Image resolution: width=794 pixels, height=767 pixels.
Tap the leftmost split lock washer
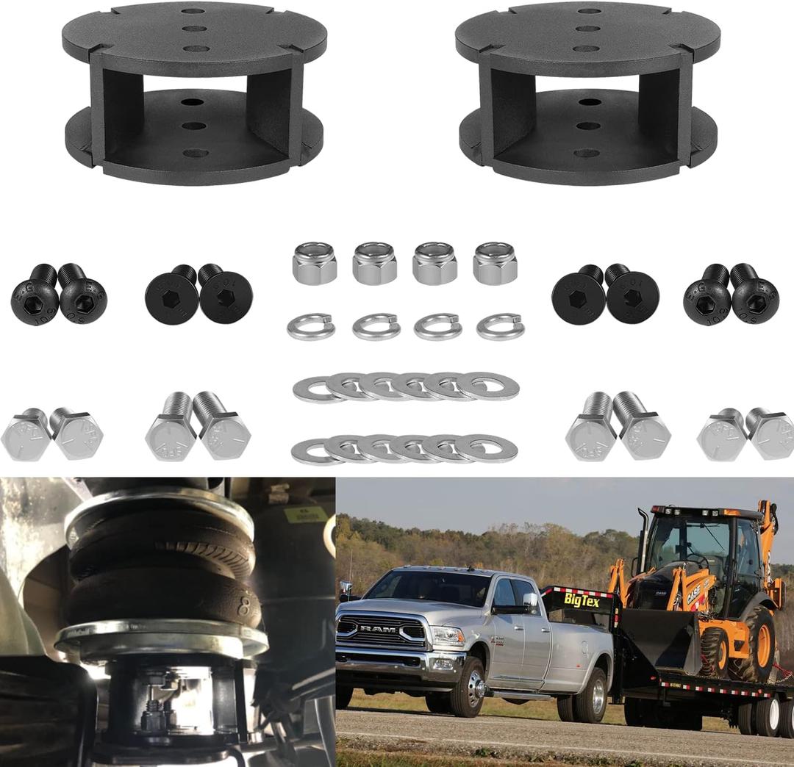311,325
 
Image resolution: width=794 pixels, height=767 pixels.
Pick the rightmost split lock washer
500,325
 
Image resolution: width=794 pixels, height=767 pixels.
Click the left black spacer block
194,92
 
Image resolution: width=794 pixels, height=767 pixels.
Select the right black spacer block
587,92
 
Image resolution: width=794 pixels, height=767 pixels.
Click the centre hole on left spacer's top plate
195,29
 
